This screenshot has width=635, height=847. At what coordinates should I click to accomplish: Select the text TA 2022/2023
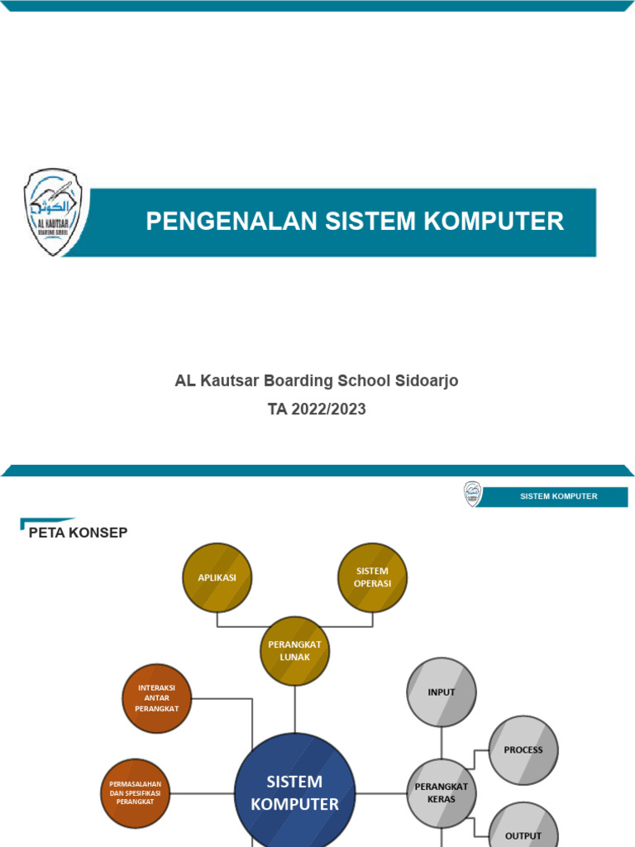[x=317, y=409]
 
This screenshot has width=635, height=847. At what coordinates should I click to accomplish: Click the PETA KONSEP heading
[x=78, y=533]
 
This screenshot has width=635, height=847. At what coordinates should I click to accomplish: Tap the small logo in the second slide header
[x=472, y=495]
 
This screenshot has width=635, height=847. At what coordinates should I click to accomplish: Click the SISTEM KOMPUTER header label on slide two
[x=558, y=496]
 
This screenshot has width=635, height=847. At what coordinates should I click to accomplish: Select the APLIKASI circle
[x=217, y=577]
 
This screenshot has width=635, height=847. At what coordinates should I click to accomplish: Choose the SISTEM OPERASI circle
[x=373, y=577]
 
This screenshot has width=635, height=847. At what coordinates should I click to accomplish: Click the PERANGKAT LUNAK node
[x=294, y=651]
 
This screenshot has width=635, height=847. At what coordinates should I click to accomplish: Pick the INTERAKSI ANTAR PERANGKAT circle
[x=157, y=698]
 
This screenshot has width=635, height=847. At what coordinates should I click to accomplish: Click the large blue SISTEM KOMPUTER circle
[x=294, y=792]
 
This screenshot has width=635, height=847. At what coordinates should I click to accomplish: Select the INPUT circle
[x=442, y=692]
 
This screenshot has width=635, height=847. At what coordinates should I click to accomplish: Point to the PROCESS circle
[x=523, y=750]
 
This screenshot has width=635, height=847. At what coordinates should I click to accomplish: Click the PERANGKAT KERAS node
[x=442, y=792]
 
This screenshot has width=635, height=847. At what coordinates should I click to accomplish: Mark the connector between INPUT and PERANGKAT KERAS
[x=442, y=742]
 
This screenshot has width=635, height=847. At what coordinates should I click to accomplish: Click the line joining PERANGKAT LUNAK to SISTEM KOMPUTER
[x=294, y=709]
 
